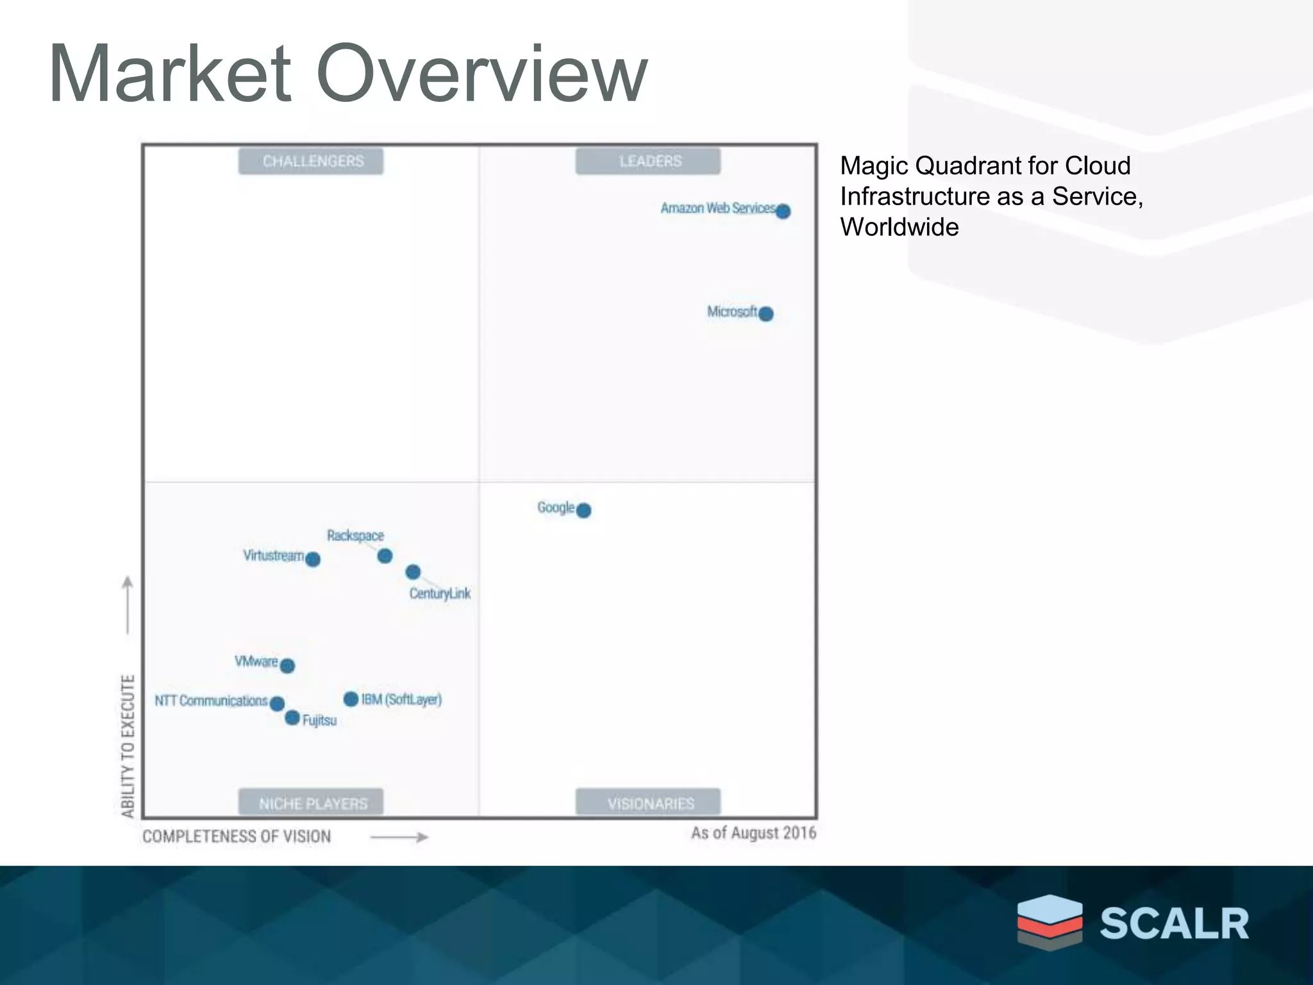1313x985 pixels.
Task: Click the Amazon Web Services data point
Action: [783, 211]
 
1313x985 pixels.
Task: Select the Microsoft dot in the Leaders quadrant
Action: [765, 314]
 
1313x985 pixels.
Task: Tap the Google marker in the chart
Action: [583, 510]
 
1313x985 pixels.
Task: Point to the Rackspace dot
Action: [385, 556]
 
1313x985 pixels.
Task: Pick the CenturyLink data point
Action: [413, 571]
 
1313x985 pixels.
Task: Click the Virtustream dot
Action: [313, 559]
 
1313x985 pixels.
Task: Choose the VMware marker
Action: [288, 666]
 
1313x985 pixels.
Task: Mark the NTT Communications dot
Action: [277, 703]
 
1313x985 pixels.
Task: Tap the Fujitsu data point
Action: [292, 718]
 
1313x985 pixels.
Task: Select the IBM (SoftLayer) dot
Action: [351, 699]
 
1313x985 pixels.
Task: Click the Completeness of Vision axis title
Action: [237, 836]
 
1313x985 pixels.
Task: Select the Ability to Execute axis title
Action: [128, 746]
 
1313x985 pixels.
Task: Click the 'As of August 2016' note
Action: [753, 833]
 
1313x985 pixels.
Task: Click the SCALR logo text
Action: [1174, 923]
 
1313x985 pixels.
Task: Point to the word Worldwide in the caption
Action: [899, 227]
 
